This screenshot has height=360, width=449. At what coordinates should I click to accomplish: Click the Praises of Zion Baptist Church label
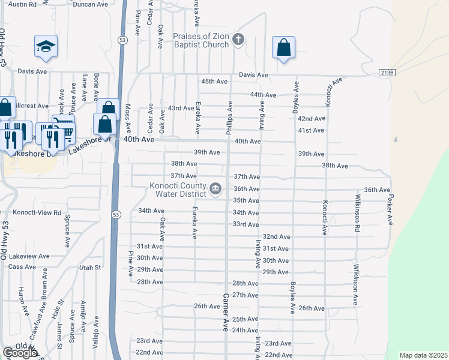[201, 40]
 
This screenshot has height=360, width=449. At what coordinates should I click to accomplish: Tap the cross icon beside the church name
[238, 40]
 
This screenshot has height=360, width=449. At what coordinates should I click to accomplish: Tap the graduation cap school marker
[46, 46]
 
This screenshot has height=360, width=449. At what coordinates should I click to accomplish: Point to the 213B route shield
[388, 73]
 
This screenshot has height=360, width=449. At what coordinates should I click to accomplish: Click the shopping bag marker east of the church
[283, 47]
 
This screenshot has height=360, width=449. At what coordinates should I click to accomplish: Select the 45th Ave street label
[214, 81]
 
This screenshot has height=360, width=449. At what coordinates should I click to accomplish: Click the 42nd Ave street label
[311, 119]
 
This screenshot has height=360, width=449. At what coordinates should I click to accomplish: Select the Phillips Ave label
[229, 117]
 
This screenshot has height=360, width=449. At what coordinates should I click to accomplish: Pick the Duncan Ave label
[91, 4]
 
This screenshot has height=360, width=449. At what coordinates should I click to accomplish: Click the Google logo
[19, 353]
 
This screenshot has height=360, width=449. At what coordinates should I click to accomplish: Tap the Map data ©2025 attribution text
[423, 355]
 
